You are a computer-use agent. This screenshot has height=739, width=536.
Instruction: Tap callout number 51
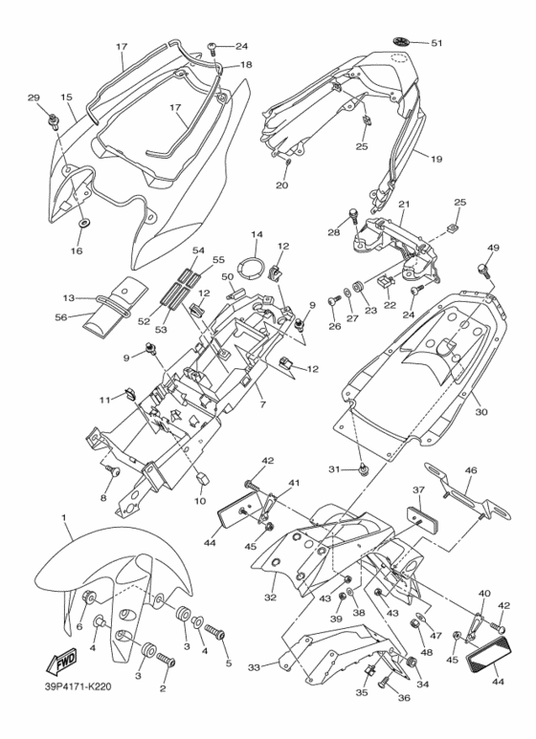point(436,43)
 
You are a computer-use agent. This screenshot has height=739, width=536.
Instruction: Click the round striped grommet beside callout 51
point(401,41)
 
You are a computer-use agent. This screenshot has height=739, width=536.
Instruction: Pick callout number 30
point(480,411)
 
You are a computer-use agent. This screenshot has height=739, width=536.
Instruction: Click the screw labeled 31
point(363,470)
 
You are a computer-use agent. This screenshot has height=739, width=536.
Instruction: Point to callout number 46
point(471,470)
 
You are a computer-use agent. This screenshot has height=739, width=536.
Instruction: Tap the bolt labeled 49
point(482,270)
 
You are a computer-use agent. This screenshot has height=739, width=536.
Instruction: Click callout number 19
point(436,159)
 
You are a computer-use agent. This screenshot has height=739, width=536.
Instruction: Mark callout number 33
point(255,667)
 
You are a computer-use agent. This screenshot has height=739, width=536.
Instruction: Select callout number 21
point(404,205)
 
